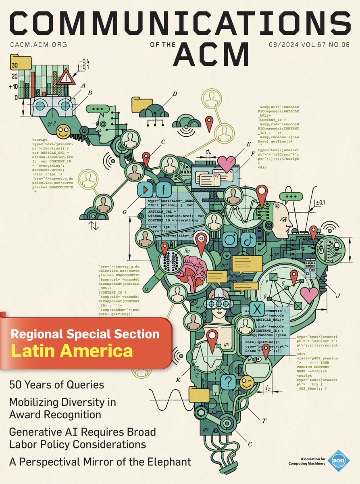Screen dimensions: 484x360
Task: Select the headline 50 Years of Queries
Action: pyautogui.click(x=56, y=384)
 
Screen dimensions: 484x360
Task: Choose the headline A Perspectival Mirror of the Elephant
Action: pyautogui.click(x=100, y=461)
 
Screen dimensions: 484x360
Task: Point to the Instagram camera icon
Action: pyautogui.click(x=230, y=240)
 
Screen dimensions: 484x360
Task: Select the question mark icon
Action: pyautogui.click(x=229, y=381)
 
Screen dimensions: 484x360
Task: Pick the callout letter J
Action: pyautogui.click(x=339, y=296)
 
